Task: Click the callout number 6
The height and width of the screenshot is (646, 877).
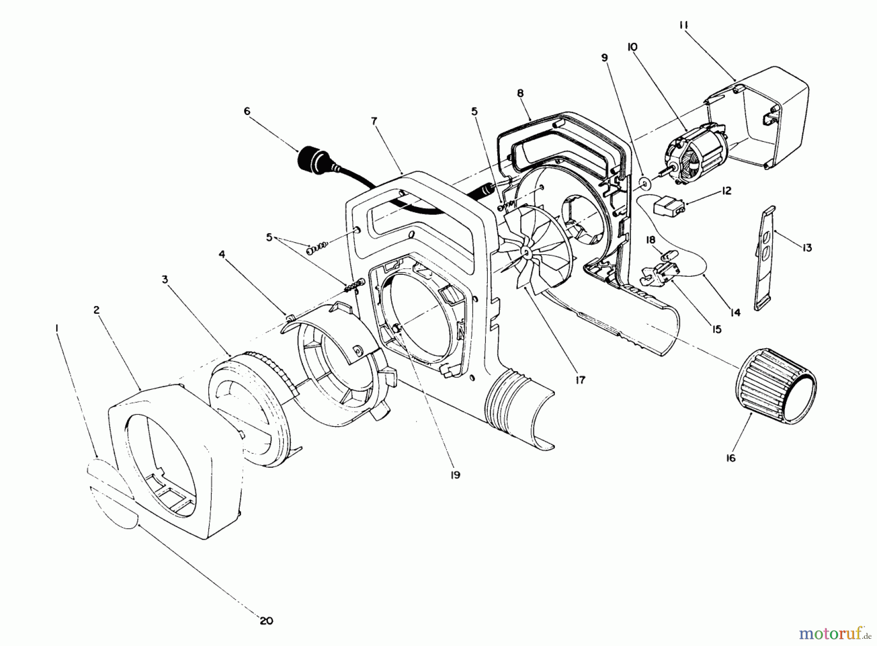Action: [x=247, y=112]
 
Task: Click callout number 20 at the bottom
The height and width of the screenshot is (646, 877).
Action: [x=267, y=621]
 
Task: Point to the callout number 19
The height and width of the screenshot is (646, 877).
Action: [x=455, y=474]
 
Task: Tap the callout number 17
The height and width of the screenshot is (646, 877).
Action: [x=580, y=380]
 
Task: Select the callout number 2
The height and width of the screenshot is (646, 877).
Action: [x=96, y=310]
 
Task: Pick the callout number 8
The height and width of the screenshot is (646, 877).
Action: [x=520, y=93]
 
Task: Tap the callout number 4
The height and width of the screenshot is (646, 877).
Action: [x=222, y=254]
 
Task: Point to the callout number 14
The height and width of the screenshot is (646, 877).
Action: [x=735, y=312]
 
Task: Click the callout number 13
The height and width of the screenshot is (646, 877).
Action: [x=807, y=247]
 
